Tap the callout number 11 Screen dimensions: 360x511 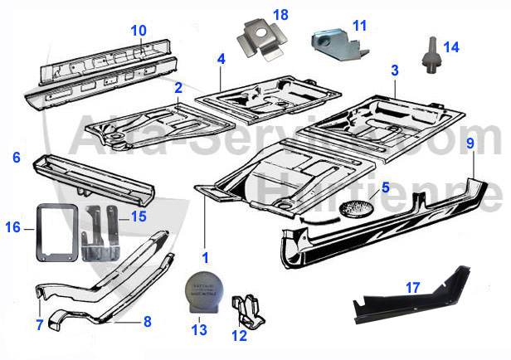(x=358, y=26)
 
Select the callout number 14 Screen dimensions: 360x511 (x=450, y=46)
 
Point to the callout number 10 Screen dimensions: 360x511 (x=138, y=31)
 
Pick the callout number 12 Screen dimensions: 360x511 (x=240, y=336)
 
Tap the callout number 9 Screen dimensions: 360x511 (x=470, y=144)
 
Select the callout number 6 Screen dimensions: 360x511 (x=16, y=157)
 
